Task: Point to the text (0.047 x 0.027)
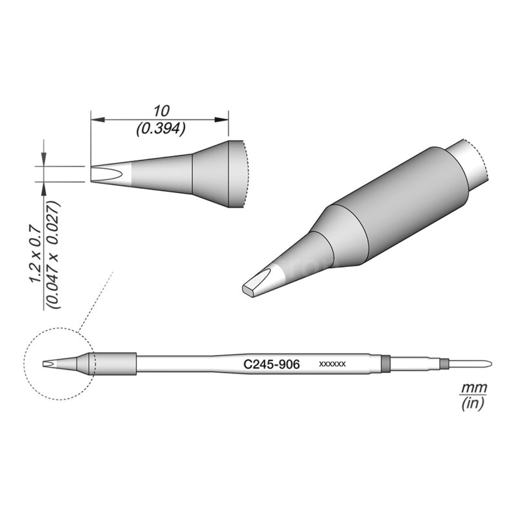[54, 255]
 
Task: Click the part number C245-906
[271, 364]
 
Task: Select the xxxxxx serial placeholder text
[333, 364]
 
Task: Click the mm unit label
[473, 388]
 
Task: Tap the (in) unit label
[473, 404]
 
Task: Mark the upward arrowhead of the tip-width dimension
[44, 186]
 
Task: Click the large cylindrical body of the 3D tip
[400, 206]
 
